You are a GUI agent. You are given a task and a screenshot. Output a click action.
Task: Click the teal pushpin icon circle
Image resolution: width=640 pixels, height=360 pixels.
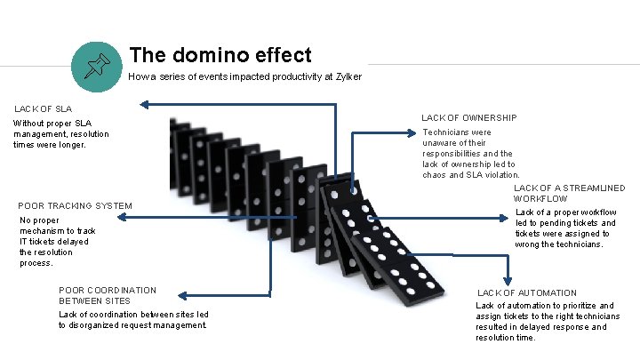point(97,66)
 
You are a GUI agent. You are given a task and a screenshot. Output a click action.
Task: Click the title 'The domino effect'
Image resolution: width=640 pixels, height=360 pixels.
point(220,56)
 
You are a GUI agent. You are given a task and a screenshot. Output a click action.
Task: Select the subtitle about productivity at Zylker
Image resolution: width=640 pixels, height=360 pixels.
point(244,77)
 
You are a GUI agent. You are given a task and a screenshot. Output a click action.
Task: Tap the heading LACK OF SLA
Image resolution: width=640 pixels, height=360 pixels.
point(43,108)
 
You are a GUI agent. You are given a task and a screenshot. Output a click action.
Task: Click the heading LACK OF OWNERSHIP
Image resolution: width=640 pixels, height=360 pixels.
point(468,118)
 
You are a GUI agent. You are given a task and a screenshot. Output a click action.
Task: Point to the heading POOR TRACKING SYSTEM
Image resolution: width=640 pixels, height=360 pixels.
point(75,206)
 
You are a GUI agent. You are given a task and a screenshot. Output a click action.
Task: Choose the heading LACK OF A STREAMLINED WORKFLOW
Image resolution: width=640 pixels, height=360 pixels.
point(569,193)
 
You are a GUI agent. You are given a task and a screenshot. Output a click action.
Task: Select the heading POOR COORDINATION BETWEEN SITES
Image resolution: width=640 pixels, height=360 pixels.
point(108,295)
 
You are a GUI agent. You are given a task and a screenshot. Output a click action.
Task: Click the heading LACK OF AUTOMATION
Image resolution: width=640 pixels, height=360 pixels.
point(526,292)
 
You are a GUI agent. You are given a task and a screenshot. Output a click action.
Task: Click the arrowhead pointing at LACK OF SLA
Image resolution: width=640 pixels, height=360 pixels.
point(146,104)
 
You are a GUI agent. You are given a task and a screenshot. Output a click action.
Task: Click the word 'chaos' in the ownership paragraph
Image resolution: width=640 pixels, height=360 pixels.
point(436,175)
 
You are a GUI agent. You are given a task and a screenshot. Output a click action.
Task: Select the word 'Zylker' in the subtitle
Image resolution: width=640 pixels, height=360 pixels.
point(347,77)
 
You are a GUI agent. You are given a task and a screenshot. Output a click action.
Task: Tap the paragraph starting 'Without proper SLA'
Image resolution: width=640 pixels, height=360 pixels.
point(60,133)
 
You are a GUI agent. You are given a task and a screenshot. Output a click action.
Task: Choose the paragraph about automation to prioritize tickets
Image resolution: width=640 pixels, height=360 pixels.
point(544,321)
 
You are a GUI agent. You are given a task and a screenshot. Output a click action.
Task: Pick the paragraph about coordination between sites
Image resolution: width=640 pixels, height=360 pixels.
point(133,319)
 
